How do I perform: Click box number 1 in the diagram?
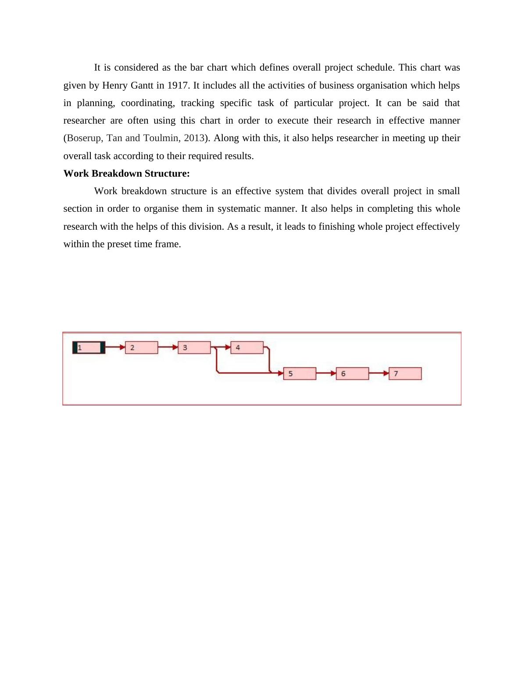point(89,348)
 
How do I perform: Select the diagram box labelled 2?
point(141,348)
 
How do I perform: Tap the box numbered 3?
point(194,348)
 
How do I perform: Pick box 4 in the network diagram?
point(247,348)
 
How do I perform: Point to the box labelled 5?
point(299,373)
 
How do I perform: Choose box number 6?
point(352,373)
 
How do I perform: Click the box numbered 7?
point(404,373)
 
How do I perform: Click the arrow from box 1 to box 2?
point(115,348)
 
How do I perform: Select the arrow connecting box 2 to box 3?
point(168,348)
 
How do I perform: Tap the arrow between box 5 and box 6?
point(325,373)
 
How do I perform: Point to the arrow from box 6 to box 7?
point(378,373)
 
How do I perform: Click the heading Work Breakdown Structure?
point(126,174)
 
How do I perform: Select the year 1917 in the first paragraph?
point(178,85)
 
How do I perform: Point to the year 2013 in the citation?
point(194,138)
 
